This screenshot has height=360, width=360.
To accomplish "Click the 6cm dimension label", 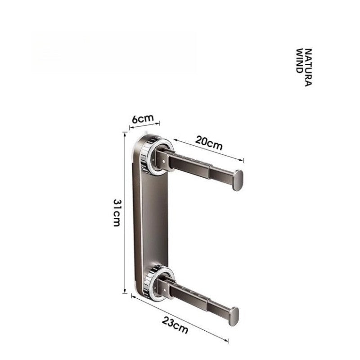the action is coord(143,118).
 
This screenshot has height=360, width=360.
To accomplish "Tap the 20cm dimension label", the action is coord(209,143).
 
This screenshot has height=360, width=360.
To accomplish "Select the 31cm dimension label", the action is coord(117,213).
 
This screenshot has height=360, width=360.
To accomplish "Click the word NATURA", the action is coord(308,67).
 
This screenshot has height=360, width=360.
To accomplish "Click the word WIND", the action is coord(299,61).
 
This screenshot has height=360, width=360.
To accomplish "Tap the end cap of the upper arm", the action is coord(238,180).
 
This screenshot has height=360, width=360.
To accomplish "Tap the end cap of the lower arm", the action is coord(234,316).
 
